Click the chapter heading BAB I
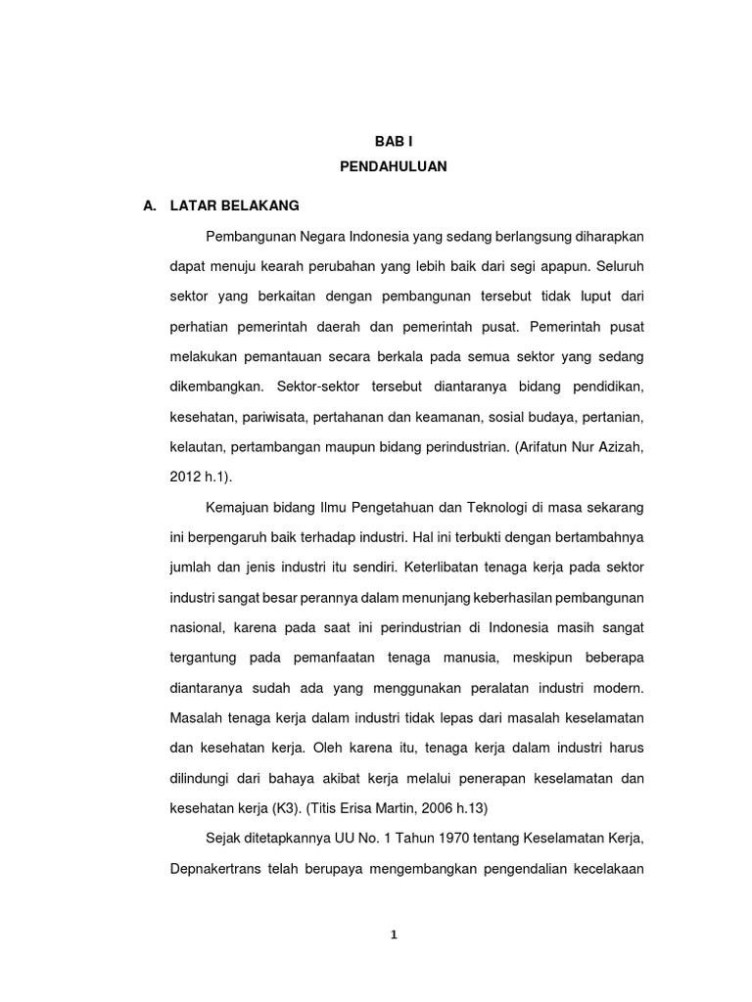(394, 142)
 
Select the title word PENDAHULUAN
(394, 167)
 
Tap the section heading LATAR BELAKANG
(234, 206)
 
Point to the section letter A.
(150, 206)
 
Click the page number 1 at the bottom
(394, 934)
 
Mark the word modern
(620, 688)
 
